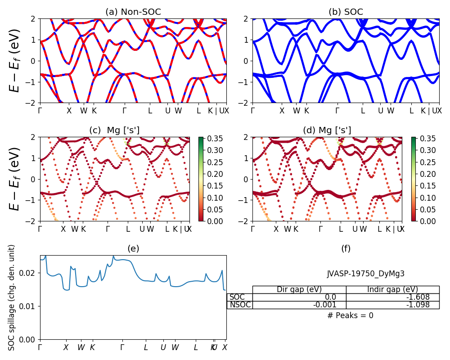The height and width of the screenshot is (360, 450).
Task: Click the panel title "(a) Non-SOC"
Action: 133,12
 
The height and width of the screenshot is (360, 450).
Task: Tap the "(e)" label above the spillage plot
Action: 133,248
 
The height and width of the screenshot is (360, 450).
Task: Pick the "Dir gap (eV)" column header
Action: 299,289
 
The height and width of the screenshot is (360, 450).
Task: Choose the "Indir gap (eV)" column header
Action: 392,289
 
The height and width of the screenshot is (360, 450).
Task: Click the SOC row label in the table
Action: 237,297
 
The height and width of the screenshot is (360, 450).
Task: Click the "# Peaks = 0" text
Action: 350,315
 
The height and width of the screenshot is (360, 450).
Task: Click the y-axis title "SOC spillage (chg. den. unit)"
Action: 12,297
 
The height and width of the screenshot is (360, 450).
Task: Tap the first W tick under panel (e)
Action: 81,347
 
